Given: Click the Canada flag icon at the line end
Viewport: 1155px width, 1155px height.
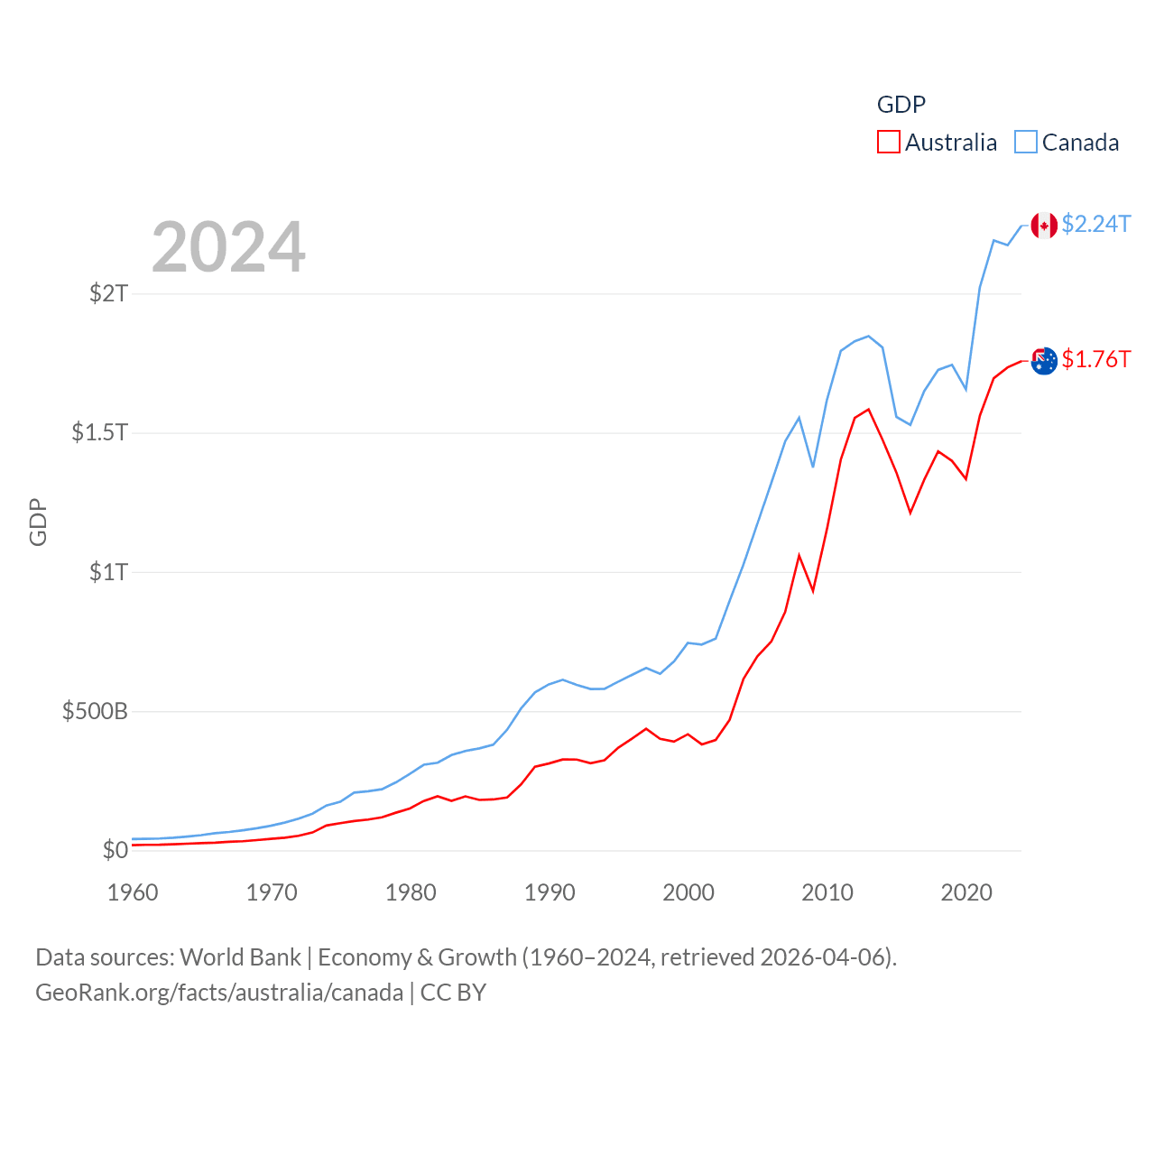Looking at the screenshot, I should pyautogui.click(x=1044, y=226).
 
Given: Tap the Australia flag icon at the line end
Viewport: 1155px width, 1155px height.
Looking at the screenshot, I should pyautogui.click(x=1044, y=361).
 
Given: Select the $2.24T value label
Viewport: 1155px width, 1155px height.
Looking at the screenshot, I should pyautogui.click(x=1095, y=224).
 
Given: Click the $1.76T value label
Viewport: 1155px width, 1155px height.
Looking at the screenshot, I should pyautogui.click(x=1095, y=359).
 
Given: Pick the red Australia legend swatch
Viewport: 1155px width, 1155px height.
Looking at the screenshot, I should pyautogui.click(x=888, y=143).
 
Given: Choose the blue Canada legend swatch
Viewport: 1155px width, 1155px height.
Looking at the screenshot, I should pyautogui.click(x=1026, y=143).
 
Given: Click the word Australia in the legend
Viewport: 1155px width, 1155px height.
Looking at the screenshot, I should pyautogui.click(x=951, y=143).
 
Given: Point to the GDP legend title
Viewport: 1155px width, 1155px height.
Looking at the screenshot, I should pyautogui.click(x=901, y=105).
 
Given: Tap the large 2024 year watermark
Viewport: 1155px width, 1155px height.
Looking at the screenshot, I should pyautogui.click(x=228, y=247).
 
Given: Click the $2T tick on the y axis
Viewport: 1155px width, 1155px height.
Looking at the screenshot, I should pyautogui.click(x=109, y=293).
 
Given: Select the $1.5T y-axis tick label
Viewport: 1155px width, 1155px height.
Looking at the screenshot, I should pyautogui.click(x=100, y=432).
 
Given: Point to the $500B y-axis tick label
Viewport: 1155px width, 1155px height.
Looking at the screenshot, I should pyautogui.click(x=95, y=711).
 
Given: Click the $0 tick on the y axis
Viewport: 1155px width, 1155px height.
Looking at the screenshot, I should pyautogui.click(x=115, y=850).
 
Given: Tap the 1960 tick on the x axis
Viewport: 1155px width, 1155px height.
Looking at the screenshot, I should pyautogui.click(x=133, y=892).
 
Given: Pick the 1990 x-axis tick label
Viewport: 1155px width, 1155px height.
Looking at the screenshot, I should pyautogui.click(x=550, y=892).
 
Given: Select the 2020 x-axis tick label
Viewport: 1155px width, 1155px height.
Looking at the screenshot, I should pyautogui.click(x=966, y=892).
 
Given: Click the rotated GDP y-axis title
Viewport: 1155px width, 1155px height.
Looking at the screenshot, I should pyautogui.click(x=38, y=522).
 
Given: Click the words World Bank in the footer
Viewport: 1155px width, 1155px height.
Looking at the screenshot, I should pyautogui.click(x=240, y=956).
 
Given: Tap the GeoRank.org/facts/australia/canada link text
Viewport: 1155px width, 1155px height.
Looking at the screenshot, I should pyautogui.click(x=219, y=993).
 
